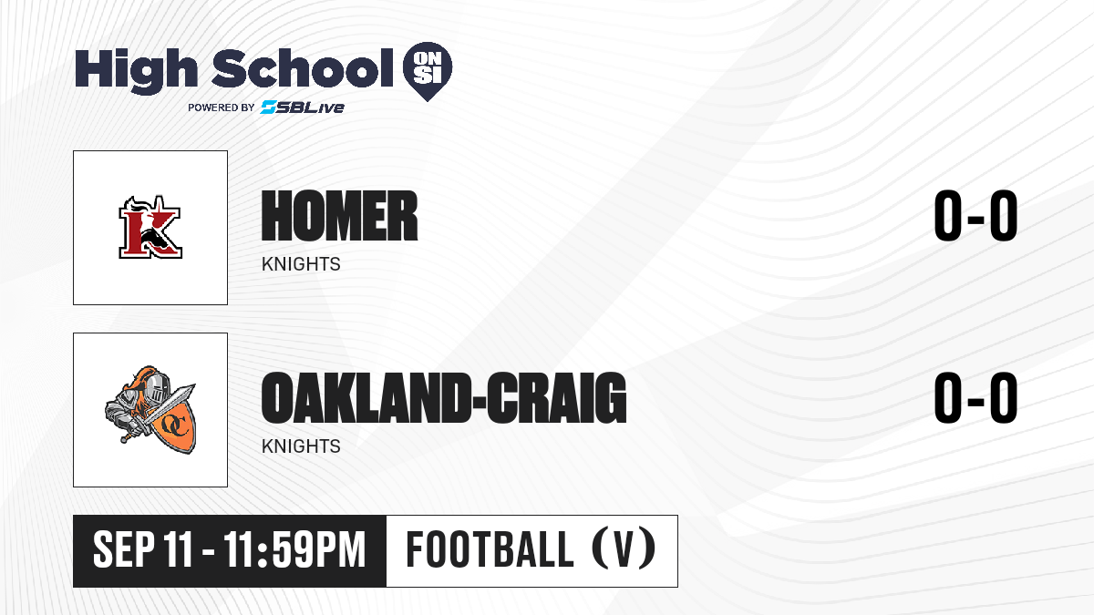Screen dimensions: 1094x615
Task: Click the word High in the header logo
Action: (x=136, y=71)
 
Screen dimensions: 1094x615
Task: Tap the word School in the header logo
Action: (x=303, y=67)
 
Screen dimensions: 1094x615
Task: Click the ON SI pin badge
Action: (x=428, y=71)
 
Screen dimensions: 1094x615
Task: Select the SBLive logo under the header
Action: (x=303, y=107)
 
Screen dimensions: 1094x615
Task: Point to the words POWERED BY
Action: (x=222, y=108)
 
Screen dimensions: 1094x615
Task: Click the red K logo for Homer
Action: (x=150, y=227)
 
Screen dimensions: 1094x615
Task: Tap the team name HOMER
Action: (x=339, y=216)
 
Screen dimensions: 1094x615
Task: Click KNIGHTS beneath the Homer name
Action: (x=301, y=264)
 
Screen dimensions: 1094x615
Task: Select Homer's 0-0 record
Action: (x=975, y=216)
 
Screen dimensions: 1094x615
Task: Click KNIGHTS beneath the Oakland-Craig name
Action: (x=301, y=446)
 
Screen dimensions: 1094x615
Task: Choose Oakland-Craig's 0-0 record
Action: (x=975, y=398)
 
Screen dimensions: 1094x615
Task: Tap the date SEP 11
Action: (x=142, y=550)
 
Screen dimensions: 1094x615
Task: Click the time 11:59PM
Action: (x=295, y=550)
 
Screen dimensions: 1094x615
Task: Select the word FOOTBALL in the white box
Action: (x=490, y=549)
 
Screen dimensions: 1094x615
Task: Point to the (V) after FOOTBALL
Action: (x=624, y=549)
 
